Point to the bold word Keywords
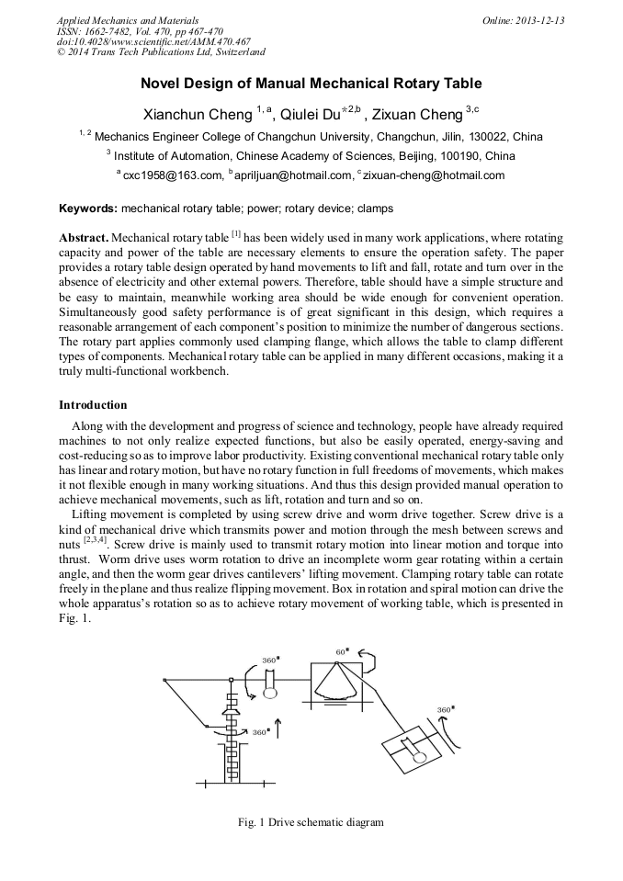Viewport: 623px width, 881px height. pyautogui.click(x=87, y=209)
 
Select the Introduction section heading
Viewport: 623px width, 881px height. pyautogui.click(x=93, y=405)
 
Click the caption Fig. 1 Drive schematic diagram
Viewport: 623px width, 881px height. pyautogui.click(x=311, y=821)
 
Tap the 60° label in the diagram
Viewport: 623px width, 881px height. pyautogui.click(x=342, y=651)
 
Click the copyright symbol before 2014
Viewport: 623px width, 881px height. pyautogui.click(x=62, y=52)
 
